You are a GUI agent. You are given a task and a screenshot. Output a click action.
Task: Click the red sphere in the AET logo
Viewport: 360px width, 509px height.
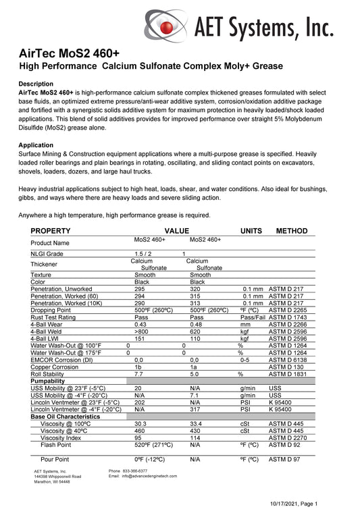[165, 26]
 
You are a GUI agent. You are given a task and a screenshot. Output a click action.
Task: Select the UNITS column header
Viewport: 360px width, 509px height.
[251, 231]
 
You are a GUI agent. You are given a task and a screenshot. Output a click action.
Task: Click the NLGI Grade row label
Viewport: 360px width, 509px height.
[47, 254]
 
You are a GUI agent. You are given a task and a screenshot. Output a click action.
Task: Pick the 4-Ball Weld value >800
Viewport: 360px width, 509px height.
[141, 332]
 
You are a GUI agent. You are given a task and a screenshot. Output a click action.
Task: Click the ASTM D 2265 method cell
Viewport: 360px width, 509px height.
[288, 310]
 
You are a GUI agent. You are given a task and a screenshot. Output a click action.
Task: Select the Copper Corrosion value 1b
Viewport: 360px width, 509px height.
[138, 366]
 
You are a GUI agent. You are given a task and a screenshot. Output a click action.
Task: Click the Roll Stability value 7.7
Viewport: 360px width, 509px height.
[138, 373]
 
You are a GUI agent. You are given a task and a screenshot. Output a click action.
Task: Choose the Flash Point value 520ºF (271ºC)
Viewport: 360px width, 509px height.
[157, 446]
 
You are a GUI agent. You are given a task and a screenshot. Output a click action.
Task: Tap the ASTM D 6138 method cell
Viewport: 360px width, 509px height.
[288, 358]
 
